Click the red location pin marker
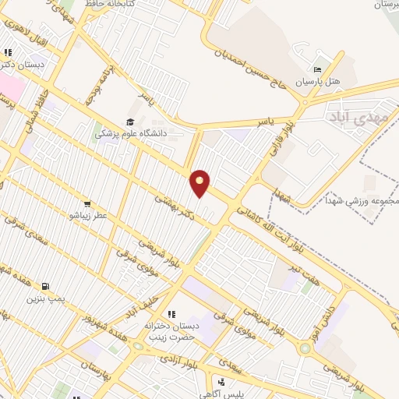[200, 182]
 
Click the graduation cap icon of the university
[129, 122]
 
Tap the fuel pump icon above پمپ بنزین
[47, 286]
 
